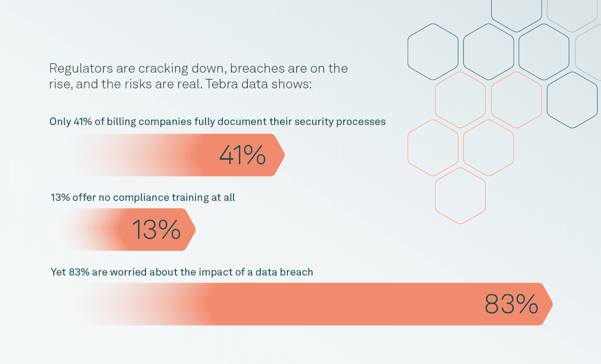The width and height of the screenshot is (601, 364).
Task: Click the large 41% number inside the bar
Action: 242,155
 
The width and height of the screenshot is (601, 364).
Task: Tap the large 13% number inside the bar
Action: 156,229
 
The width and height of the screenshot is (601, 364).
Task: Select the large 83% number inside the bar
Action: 511,304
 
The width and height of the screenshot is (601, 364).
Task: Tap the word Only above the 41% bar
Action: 60,122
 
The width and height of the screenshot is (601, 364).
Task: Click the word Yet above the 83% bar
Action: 58,272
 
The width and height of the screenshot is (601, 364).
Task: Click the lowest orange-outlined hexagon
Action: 460,196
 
